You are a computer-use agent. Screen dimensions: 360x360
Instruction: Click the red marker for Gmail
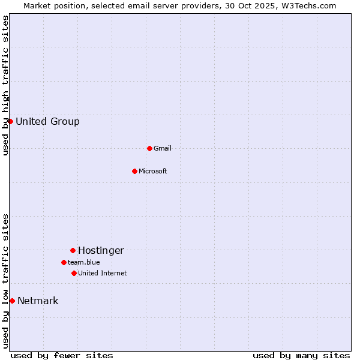tap(149, 148)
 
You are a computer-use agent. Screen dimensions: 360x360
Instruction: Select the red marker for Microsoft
tap(134, 171)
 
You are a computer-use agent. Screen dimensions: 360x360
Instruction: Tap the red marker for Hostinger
tap(73, 250)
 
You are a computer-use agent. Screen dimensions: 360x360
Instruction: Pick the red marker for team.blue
tap(64, 262)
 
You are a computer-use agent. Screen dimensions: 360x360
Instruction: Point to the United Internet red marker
tap(74, 273)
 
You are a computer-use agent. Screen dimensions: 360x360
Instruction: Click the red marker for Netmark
tap(12, 301)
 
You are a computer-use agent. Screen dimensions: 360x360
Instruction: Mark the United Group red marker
tap(10, 121)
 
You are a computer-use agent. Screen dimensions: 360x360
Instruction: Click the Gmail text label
tap(162, 148)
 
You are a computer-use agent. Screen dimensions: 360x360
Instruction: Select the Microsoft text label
tap(152, 171)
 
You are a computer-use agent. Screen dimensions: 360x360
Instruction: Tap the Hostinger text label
tap(101, 250)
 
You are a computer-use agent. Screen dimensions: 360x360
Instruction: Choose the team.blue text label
tap(83, 262)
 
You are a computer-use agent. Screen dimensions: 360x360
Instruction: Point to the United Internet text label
tap(102, 273)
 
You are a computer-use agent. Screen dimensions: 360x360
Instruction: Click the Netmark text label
tap(38, 301)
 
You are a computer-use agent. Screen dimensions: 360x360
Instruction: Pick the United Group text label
tap(47, 121)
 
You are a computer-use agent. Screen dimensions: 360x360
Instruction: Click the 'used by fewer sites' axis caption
tap(62, 355)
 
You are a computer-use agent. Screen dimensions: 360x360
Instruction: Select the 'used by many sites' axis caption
tap(301, 355)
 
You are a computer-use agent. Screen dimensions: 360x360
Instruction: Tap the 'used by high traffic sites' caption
tap(5, 85)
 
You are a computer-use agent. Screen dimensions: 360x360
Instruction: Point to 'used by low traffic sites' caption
tap(5, 281)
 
